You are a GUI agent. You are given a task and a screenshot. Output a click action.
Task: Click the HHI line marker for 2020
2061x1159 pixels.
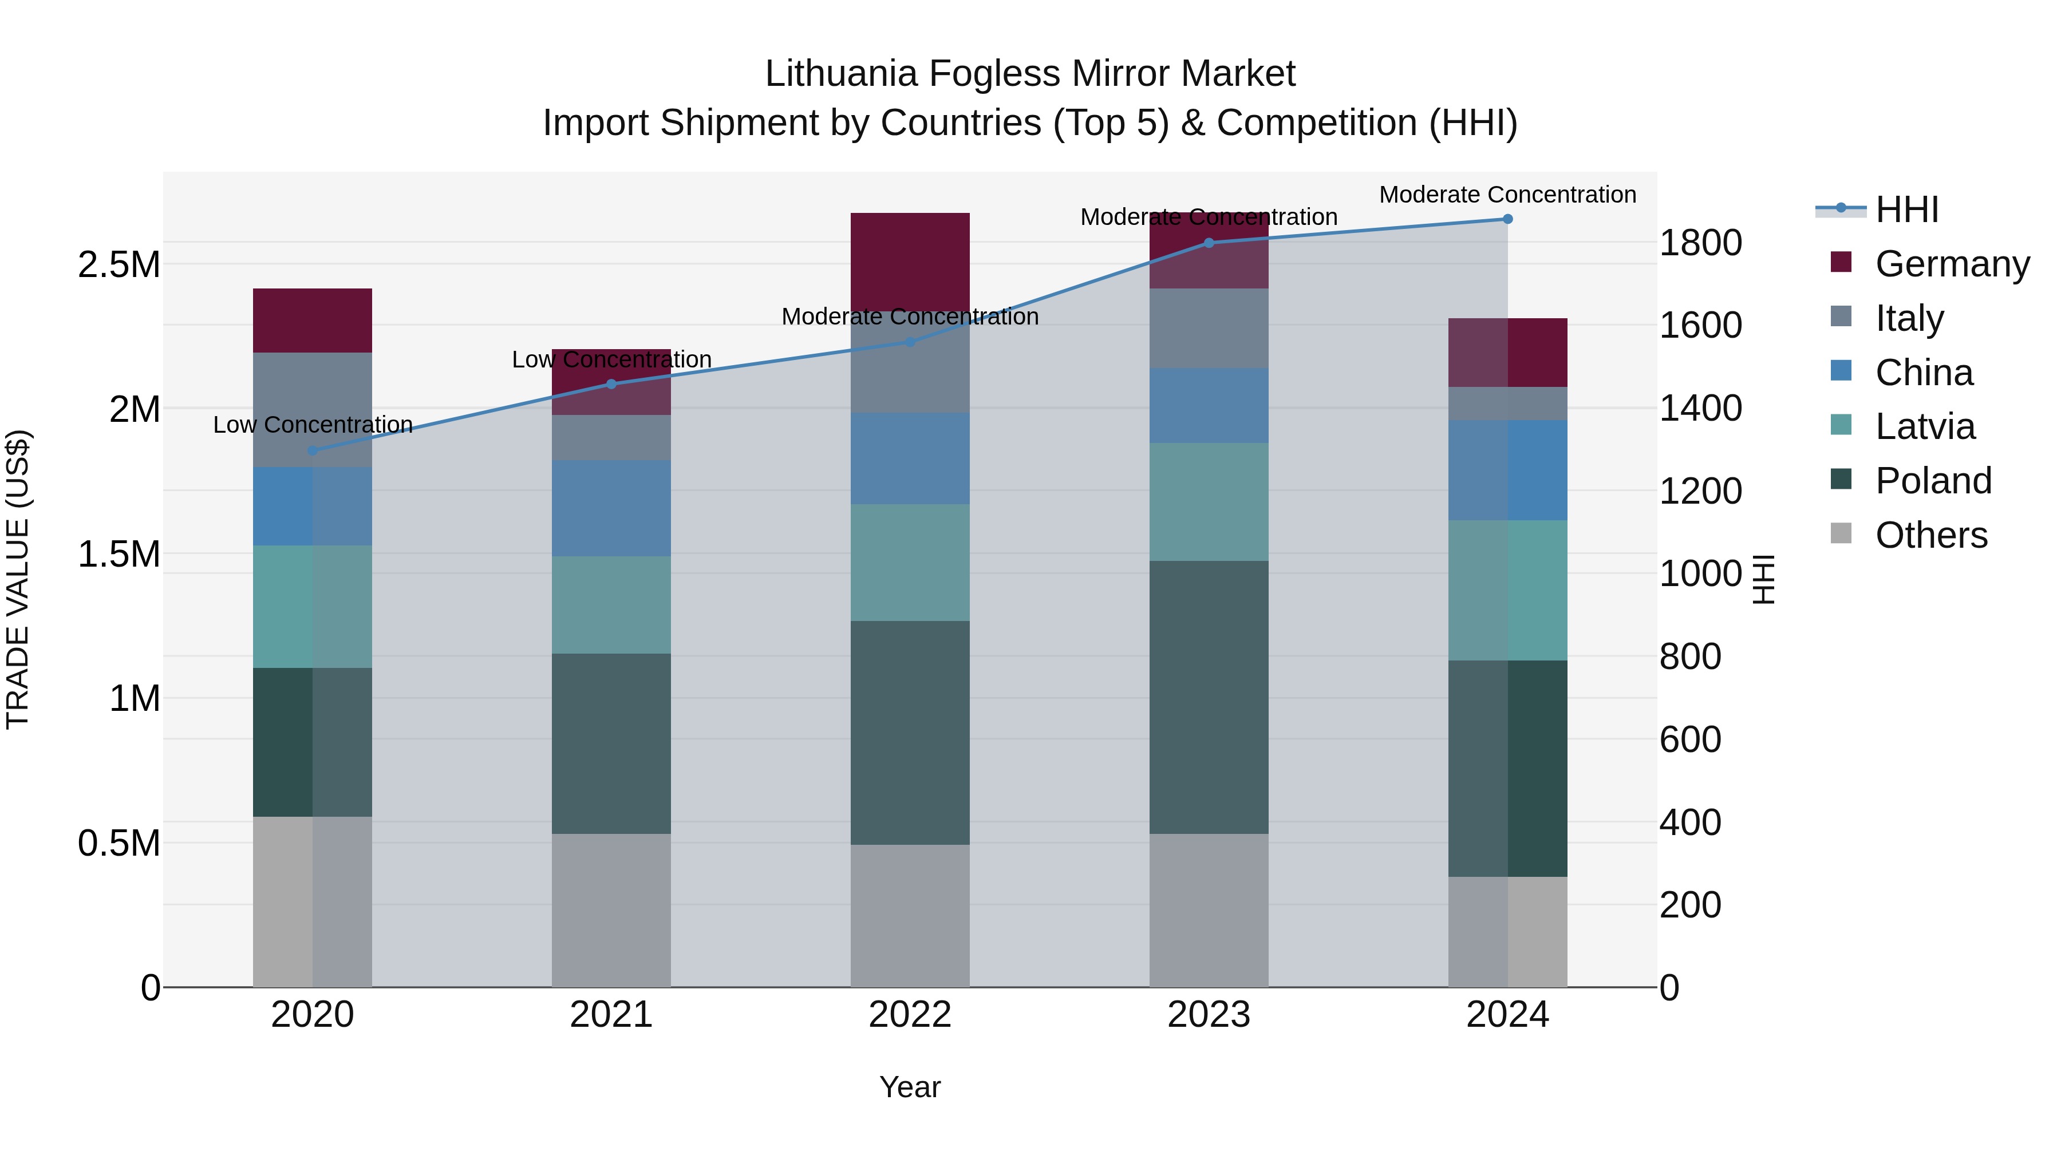click(312, 450)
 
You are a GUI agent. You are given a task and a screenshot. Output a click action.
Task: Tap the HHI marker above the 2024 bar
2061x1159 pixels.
click(1507, 219)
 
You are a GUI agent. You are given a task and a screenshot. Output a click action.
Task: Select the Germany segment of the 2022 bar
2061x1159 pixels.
click(910, 262)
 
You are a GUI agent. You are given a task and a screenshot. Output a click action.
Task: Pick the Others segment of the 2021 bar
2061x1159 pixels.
click(611, 910)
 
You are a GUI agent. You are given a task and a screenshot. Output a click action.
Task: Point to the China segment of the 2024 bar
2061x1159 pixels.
click(1507, 470)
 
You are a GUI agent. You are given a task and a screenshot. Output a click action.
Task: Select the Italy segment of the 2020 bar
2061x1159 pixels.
click(312, 410)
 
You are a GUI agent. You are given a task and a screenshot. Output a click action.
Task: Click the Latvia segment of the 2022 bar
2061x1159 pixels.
click(910, 562)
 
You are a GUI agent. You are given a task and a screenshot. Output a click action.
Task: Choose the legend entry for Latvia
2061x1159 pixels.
click(1924, 426)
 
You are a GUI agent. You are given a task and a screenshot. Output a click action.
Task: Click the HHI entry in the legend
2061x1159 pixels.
click(1906, 209)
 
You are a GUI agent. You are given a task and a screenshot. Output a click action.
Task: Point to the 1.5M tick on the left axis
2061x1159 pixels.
click(119, 553)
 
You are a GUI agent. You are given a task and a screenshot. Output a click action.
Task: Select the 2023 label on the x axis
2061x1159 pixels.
click(1209, 1014)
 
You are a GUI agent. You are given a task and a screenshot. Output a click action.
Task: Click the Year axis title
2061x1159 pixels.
click(910, 1087)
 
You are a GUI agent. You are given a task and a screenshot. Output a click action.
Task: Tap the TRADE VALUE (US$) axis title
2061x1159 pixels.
click(18, 579)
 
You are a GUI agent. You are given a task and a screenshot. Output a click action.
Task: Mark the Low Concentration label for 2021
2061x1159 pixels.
click(611, 360)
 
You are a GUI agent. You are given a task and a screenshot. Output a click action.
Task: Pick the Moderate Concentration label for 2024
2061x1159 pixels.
click(1507, 195)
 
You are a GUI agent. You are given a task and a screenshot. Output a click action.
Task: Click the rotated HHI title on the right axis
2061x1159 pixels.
click(1763, 579)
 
